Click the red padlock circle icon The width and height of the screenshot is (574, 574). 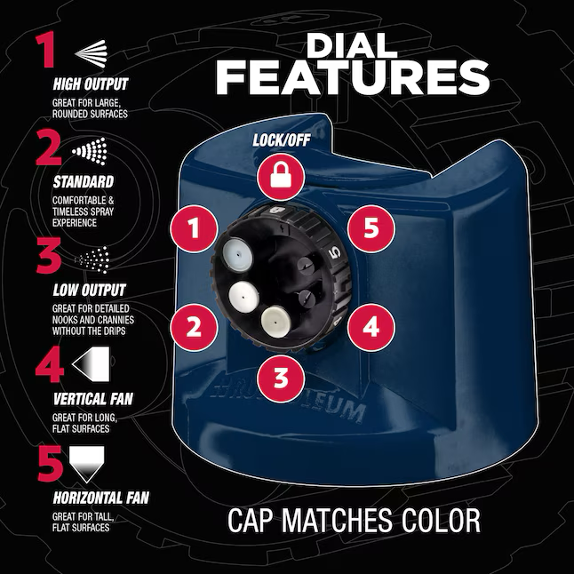click(x=281, y=177)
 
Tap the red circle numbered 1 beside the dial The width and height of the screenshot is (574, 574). click(x=194, y=228)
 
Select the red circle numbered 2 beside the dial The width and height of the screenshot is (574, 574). click(x=194, y=327)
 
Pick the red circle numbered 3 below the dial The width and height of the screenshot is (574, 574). click(x=281, y=378)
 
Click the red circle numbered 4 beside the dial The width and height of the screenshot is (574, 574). click(x=371, y=327)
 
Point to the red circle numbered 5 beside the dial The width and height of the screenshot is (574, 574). click(x=371, y=228)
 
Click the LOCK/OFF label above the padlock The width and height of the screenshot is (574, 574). click(x=282, y=140)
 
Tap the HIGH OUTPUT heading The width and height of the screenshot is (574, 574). click(x=91, y=84)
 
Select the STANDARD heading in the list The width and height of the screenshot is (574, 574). click(x=84, y=182)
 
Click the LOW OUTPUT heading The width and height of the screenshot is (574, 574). click(x=90, y=291)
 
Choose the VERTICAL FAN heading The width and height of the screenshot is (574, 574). click(x=92, y=399)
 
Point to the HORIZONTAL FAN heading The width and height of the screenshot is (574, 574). click(x=100, y=498)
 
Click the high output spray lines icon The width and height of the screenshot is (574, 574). click(x=91, y=53)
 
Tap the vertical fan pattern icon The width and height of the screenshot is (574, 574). click(x=91, y=364)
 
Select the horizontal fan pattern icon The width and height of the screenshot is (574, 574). click(x=87, y=464)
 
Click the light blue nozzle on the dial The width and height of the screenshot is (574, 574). click(x=238, y=254)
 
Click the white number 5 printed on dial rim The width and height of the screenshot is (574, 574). click(x=335, y=251)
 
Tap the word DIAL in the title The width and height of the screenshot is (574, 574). click(x=352, y=45)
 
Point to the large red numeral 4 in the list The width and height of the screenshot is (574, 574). click(x=49, y=364)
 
